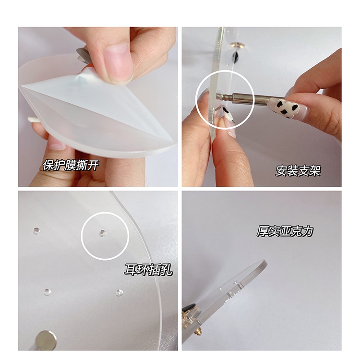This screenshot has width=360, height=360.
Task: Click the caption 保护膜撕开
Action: coord(71,165)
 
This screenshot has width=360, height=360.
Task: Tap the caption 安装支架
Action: coord(298,170)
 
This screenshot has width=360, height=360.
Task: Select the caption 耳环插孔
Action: coord(148,270)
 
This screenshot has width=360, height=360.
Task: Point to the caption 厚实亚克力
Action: coord(285,231)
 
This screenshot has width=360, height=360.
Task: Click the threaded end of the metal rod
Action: coord(225,96)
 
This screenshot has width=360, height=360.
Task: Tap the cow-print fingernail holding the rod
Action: coord(284,107)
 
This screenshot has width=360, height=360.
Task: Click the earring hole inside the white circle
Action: coord(103,233)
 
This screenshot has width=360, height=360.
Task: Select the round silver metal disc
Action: coord(47,340)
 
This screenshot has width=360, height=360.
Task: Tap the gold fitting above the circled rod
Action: coord(238,45)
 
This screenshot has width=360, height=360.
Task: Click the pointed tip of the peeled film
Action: coord(22,86)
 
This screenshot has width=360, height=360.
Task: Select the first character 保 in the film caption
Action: coord(48,165)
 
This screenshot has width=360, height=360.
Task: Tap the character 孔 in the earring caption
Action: coord(167,270)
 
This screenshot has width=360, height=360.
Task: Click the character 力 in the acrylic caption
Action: coord(308,231)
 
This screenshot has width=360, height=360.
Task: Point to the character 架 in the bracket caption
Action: coord(315,170)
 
